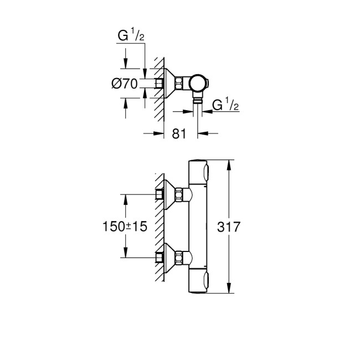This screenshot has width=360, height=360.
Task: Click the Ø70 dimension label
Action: pos(125,84)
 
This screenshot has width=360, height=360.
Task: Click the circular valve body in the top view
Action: pos(197,84)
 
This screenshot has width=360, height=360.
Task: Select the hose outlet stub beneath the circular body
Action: pos(197,101)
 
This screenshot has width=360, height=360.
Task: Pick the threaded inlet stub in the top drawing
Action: pos(160,84)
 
